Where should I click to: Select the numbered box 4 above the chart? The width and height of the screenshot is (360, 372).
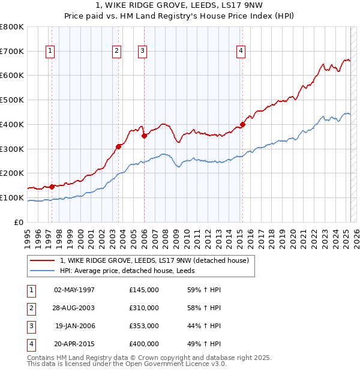coord(240,52)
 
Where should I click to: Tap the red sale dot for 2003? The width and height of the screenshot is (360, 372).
coord(119,146)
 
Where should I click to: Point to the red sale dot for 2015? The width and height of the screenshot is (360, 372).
coord(242,125)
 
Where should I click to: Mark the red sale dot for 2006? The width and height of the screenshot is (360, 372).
coord(145,136)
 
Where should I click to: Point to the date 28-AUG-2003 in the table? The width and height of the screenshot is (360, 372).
coord(74,308)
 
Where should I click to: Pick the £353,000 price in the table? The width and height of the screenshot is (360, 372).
coord(144,326)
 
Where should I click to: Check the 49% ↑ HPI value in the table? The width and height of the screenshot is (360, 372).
coord(204,344)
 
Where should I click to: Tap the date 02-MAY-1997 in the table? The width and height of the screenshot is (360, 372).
coord(74,290)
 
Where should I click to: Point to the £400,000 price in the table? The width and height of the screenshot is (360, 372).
coord(144,344)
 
